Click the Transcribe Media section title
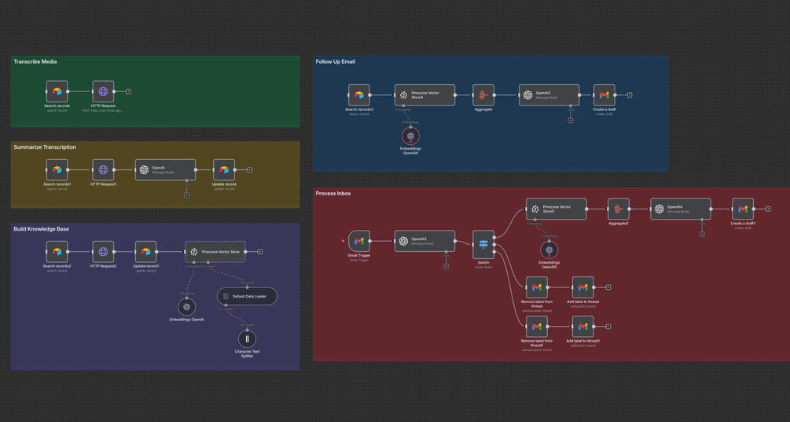35,61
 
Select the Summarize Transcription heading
45,147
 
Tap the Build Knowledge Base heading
41,229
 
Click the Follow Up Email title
336,61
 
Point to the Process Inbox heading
333,194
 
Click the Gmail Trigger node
358,241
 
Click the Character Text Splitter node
248,339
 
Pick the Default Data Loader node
247,297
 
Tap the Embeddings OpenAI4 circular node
410,135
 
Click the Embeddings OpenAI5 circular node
549,250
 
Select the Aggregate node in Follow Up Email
483,94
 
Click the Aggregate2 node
618,209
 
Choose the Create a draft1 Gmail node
743,209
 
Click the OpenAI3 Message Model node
424,241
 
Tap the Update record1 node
145,252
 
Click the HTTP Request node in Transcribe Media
103,91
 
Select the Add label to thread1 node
582,326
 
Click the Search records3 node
358,94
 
